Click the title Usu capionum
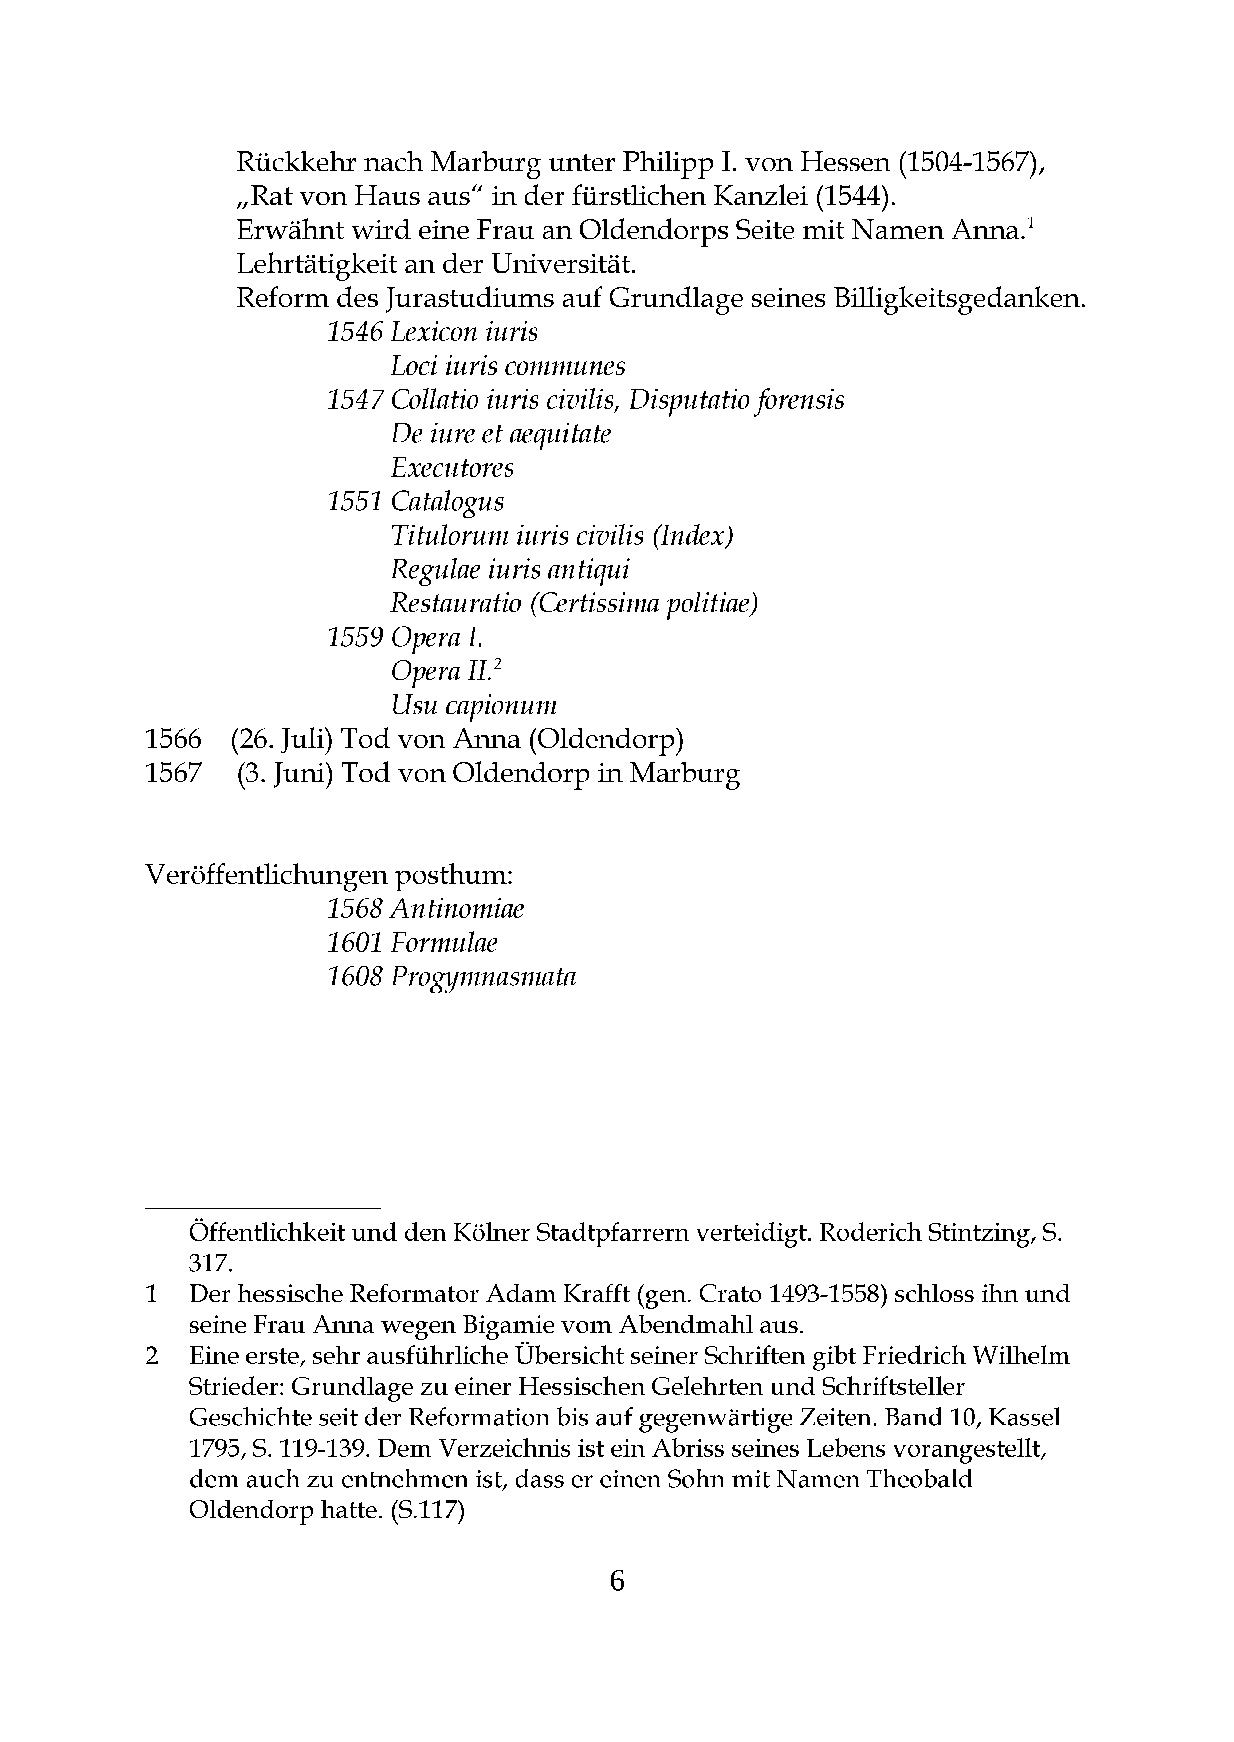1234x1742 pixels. (x=474, y=706)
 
